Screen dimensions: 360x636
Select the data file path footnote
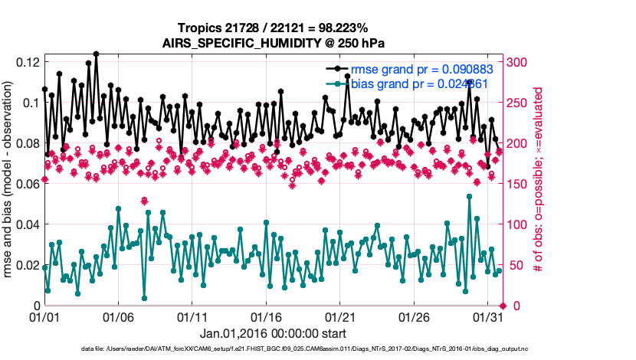click(x=304, y=349)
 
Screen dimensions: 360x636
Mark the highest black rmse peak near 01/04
click(x=96, y=54)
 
